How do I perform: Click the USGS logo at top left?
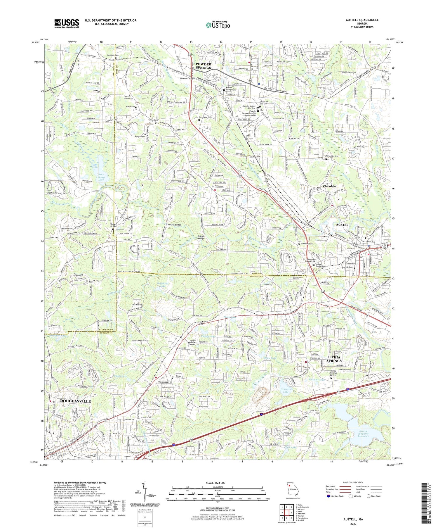67,23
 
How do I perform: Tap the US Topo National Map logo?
218,25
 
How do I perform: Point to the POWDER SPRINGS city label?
203,65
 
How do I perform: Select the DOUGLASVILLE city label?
75,401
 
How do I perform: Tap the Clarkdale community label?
329,186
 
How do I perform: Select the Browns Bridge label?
174,225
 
